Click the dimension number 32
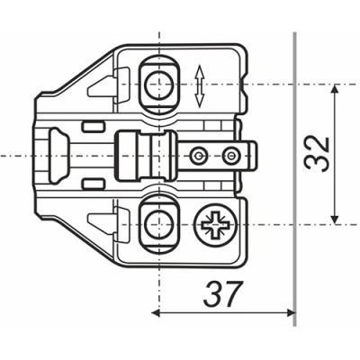click(x=317, y=155)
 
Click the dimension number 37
click(x=222, y=293)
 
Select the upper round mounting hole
click(x=158, y=85)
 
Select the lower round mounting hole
click(x=158, y=225)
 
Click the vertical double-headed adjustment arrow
click(x=200, y=87)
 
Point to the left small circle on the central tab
click(x=198, y=156)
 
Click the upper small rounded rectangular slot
click(x=93, y=126)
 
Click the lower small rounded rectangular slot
click(x=93, y=184)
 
